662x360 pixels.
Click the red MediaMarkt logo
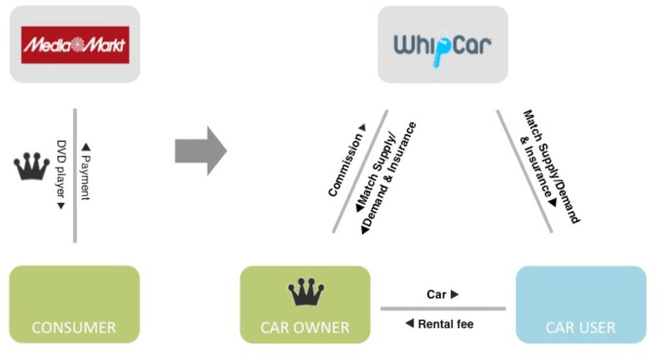[75, 45]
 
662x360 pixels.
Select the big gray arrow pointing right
[201, 151]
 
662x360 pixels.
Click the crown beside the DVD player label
[32, 166]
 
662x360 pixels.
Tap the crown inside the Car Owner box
[306, 291]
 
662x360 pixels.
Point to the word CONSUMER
[74, 327]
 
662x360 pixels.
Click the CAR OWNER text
[305, 327]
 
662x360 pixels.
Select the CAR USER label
[580, 327]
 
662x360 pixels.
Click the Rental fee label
[446, 324]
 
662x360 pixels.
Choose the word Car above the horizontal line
[436, 294]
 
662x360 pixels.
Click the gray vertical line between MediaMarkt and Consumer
[75, 175]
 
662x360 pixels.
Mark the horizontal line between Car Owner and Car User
[443, 308]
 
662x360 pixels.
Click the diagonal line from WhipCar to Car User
[524, 172]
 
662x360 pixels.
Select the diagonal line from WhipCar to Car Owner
[360, 172]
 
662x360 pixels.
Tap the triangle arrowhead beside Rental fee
[409, 324]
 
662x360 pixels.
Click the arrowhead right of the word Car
[455, 294]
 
